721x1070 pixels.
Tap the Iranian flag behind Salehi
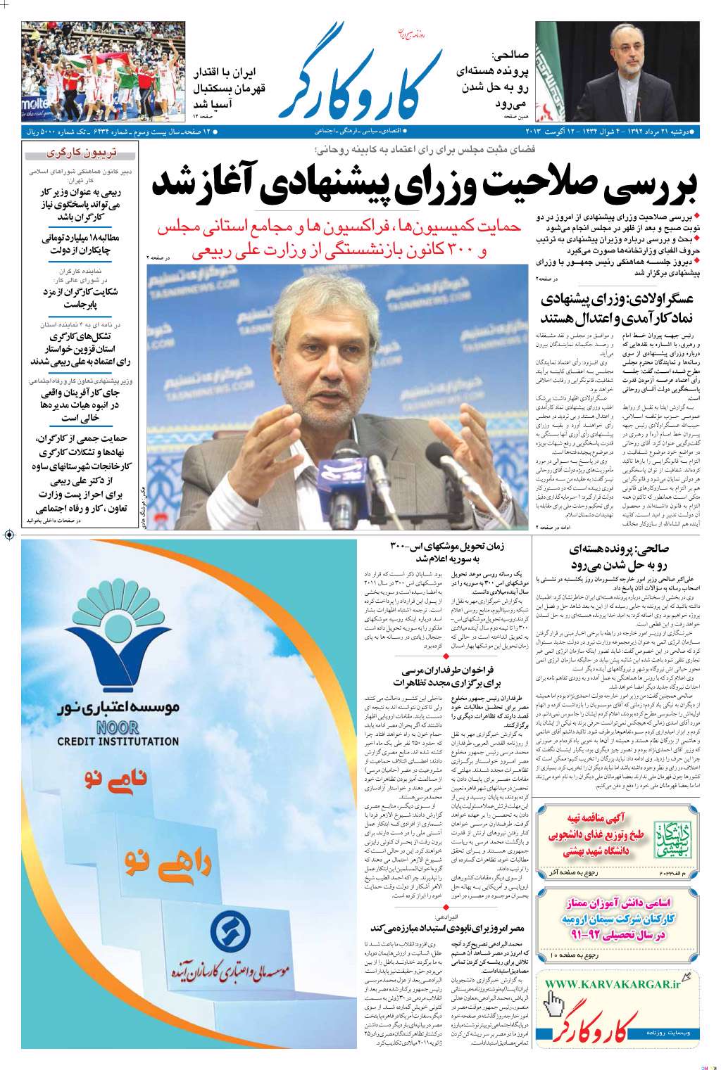tap(553, 70)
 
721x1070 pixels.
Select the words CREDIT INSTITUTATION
tap(118, 741)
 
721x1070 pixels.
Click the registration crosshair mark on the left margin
tap(9, 535)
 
